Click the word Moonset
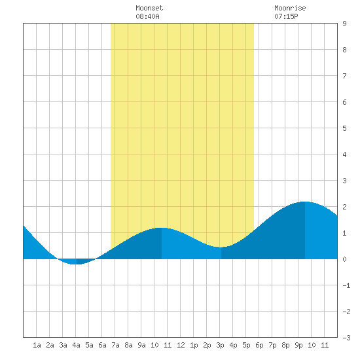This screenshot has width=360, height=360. click(149, 8)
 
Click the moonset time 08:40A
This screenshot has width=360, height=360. click(147, 16)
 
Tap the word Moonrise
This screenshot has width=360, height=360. click(290, 8)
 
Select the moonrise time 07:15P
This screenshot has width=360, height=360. click(286, 16)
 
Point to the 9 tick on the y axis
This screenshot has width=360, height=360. click(344, 24)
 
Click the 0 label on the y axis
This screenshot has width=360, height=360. click(344, 259)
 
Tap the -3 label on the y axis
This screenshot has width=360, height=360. click(346, 338)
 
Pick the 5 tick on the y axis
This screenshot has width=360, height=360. click(344, 128)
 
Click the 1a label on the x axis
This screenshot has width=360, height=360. click(37, 345)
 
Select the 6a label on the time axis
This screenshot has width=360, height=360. click(102, 345)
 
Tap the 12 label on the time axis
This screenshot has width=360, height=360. click(181, 345)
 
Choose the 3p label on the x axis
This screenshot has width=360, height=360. click(220, 345)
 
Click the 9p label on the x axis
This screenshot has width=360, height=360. click(298, 345)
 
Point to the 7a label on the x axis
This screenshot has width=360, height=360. click(115, 345)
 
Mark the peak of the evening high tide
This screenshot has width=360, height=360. click(304, 202)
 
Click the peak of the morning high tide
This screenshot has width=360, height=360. click(162, 228)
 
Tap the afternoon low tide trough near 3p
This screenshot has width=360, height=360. click(221, 247)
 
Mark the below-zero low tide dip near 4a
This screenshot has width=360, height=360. click(76, 264)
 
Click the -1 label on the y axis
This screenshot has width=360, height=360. click(346, 285)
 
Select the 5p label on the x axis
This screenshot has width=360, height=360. click(246, 345)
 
